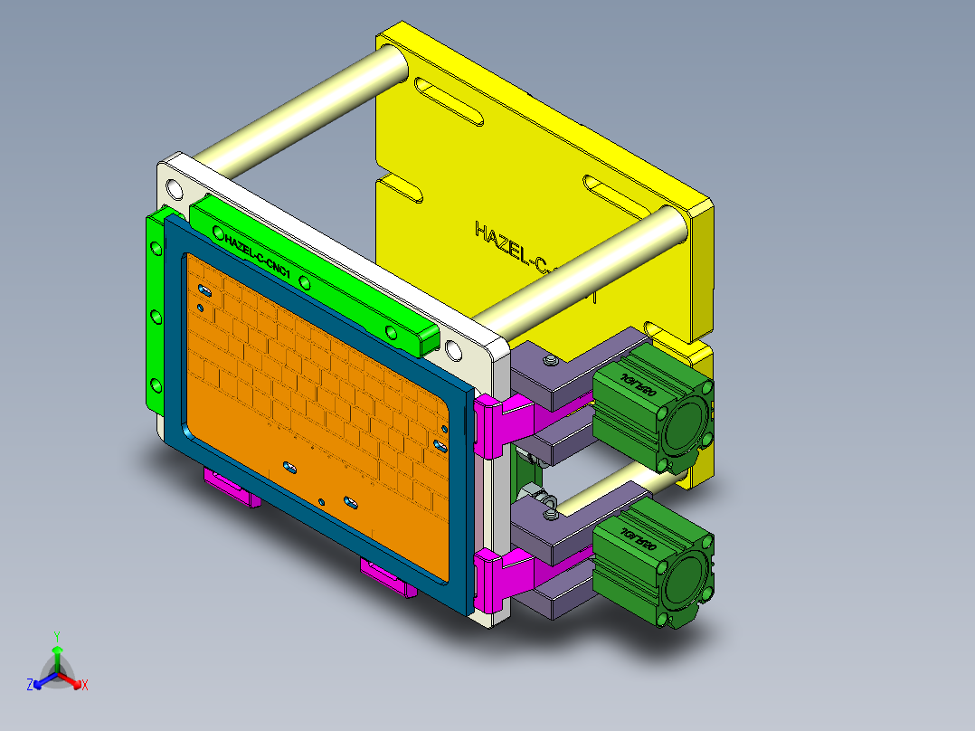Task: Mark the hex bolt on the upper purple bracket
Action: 549,362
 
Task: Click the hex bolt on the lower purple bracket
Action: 549,515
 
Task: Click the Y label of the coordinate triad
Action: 57,635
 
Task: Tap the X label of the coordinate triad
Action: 85,685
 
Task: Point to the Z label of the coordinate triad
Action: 30,685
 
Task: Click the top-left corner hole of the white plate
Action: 172,189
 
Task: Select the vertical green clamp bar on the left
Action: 156,317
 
